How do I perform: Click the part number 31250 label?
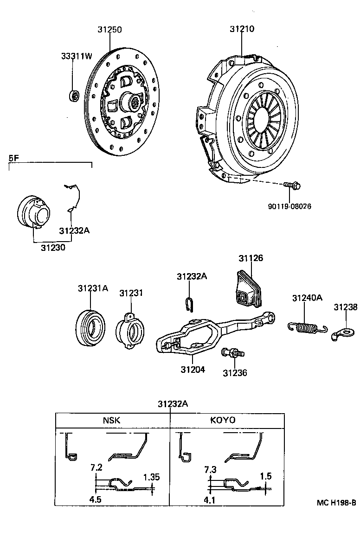pos(109,29)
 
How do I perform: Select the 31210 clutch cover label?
pos(241,29)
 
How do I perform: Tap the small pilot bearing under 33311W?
pos(73,96)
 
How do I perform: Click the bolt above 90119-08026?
pos(291,186)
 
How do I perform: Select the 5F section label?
pos(14,158)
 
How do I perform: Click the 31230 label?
pos(52,248)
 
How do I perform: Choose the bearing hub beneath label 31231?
pos(131,330)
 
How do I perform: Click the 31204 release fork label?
pos(193,370)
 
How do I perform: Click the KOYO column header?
pos(223,420)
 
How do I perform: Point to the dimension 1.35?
pos(151,477)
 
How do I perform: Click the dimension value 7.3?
pos(210,470)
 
